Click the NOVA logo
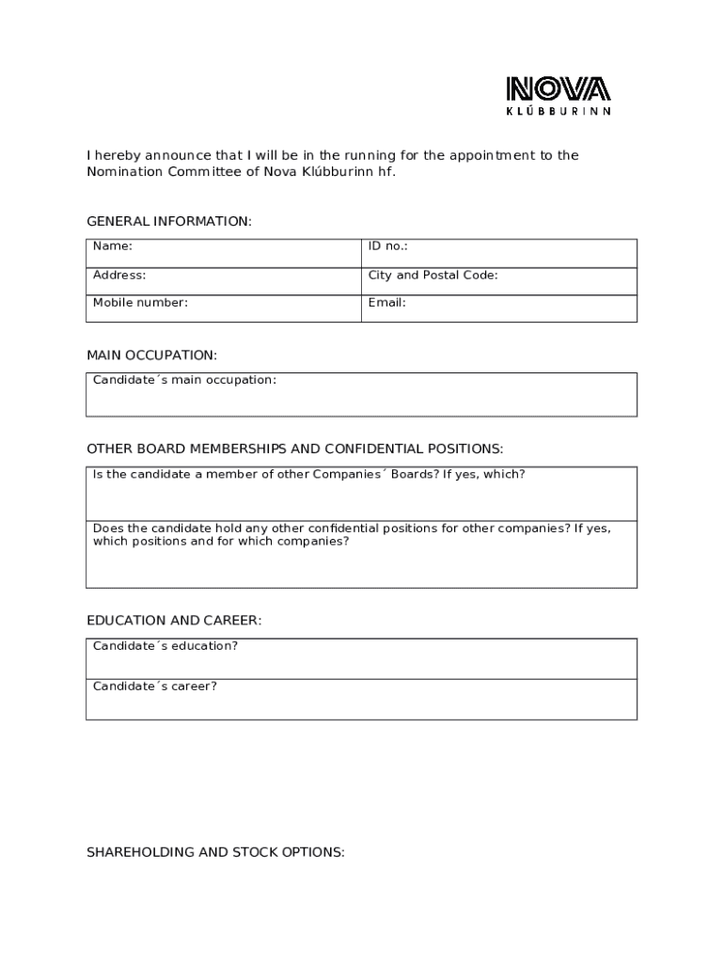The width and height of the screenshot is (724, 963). pyautogui.click(x=559, y=90)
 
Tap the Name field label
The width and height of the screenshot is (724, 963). pyautogui.click(x=112, y=246)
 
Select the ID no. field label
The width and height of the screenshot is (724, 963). pyautogui.click(x=387, y=246)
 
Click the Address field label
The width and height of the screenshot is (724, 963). pyautogui.click(x=118, y=276)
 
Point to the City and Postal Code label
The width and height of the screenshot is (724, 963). pyautogui.click(x=433, y=276)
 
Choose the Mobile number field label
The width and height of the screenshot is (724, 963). pyautogui.click(x=140, y=303)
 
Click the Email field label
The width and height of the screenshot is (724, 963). pyautogui.click(x=386, y=303)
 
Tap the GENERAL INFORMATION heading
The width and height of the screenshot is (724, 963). pyautogui.click(x=169, y=222)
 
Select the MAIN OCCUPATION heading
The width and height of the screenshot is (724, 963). pyautogui.click(x=151, y=355)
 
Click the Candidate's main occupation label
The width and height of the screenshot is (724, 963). pyautogui.click(x=184, y=380)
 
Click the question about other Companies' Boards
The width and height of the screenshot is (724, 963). pyautogui.click(x=308, y=474)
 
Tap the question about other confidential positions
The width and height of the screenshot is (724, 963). pyautogui.click(x=351, y=535)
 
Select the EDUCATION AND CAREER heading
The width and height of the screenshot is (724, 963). pyautogui.click(x=174, y=621)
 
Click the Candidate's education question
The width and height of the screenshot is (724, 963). pyautogui.click(x=165, y=646)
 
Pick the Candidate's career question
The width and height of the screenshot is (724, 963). pyautogui.click(x=154, y=687)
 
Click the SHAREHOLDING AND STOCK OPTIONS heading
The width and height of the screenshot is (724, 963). pyautogui.click(x=215, y=852)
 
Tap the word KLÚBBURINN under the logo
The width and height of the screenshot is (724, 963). pyautogui.click(x=559, y=111)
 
